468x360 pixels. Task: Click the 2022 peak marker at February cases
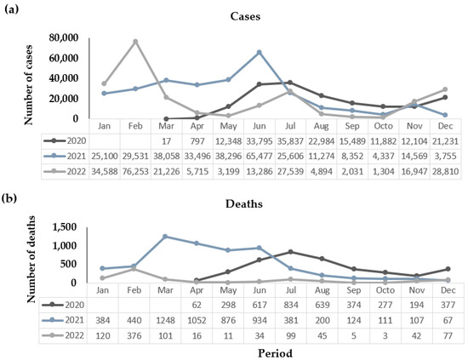(135, 41)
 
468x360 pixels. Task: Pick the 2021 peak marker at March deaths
(166, 237)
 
